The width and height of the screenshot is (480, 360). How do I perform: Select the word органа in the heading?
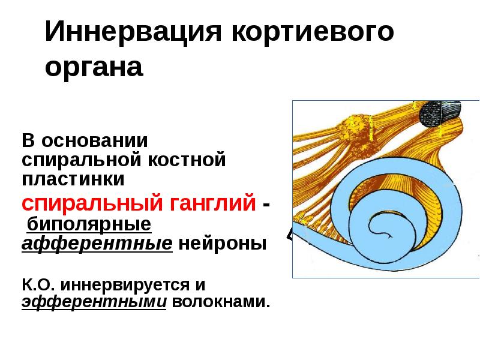pos(94,67)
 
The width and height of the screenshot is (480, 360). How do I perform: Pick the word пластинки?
pos(73,178)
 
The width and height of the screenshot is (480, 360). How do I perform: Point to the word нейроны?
pos(223,244)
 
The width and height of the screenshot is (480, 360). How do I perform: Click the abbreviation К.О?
pos(38,282)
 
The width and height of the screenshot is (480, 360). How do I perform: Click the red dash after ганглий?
pos(265,205)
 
